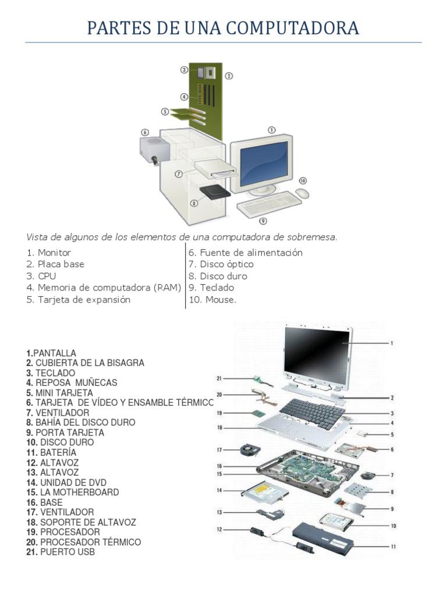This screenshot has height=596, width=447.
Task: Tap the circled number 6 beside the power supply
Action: coord(145,132)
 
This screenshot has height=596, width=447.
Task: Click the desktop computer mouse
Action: coord(302,193)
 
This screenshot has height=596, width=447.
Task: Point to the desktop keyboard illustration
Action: coord(269,204)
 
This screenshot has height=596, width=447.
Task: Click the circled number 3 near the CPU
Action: coord(184,70)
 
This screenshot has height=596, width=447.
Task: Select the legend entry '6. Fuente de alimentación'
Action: coord(245,253)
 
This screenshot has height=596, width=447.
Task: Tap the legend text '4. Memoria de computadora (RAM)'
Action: coord(104,288)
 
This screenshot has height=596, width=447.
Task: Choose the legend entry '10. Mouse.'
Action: coord(212,300)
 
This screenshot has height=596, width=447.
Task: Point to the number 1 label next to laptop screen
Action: coord(392,343)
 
